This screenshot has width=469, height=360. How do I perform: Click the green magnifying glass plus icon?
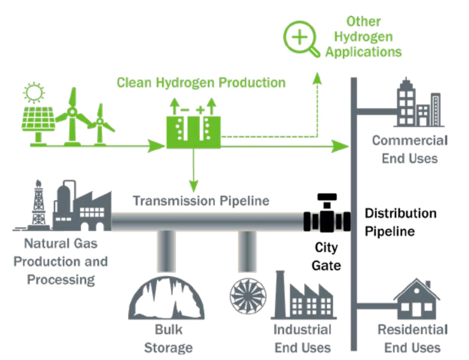tap(300, 37)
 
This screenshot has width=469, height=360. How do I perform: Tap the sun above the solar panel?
tap(34, 92)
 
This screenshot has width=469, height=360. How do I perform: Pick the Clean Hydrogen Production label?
tap(201, 82)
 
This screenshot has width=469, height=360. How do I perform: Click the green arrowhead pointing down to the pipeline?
tap(193, 186)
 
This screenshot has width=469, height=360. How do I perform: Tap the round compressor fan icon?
tap(248, 296)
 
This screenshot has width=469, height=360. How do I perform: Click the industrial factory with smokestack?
tap(303, 298)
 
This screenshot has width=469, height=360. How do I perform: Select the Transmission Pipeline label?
tap(201, 201)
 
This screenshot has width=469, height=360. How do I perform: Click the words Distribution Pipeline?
tap(400, 222)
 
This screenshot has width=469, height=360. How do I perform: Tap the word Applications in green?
tap(363, 52)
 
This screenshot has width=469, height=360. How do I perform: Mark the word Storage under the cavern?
tap(168, 348)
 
